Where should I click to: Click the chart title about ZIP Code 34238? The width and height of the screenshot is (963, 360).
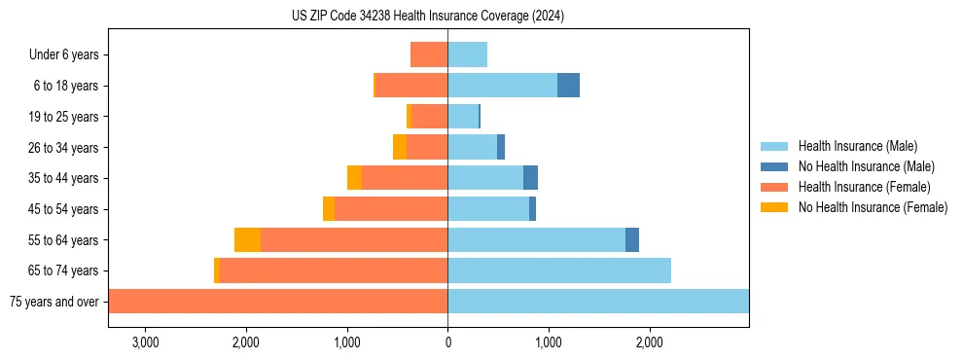pos(428,17)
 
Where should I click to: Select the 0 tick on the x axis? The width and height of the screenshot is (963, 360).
pos(447,342)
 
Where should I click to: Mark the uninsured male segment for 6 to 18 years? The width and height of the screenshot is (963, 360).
pos(568,86)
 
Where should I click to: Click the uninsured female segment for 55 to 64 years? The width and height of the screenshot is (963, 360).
pos(247,239)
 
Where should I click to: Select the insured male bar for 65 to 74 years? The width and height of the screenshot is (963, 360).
pos(559,270)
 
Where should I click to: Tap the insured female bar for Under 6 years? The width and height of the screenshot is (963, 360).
pos(429,54)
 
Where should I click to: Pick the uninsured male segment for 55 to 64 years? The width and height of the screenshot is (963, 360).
pos(632,239)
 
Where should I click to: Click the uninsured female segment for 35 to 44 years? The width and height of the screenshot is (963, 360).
pos(354,178)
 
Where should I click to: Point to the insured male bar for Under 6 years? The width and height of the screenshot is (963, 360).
pos(467,54)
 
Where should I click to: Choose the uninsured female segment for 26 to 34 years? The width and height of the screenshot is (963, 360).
pos(400,147)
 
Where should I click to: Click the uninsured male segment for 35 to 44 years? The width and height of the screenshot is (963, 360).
pos(530,178)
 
